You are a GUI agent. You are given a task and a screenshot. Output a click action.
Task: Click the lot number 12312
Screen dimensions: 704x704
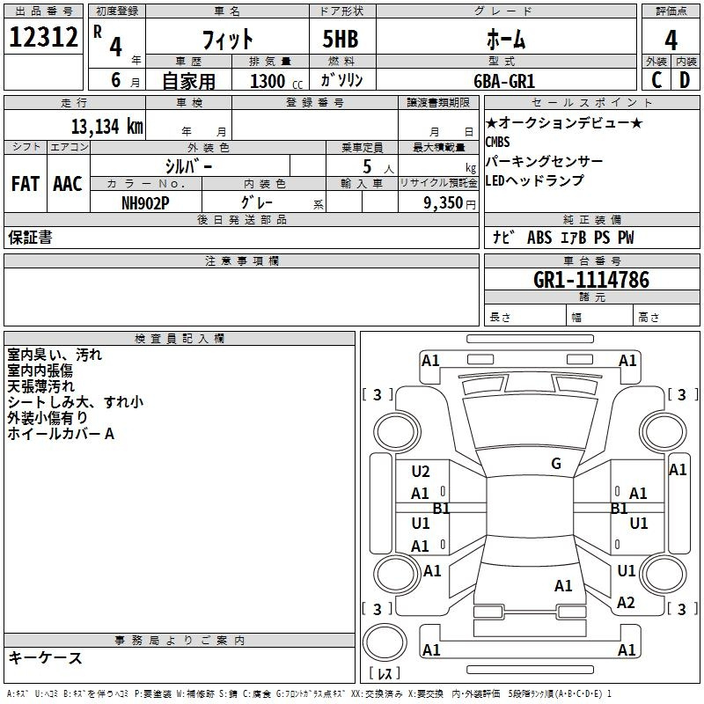[43, 37]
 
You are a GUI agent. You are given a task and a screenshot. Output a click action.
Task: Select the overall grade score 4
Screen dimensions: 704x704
[671, 40]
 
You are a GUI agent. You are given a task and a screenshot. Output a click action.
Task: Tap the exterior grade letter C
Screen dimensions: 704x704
[656, 80]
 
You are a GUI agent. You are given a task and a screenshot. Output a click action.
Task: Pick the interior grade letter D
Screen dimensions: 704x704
[685, 80]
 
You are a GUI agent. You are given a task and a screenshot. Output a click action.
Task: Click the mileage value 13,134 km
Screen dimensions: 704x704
[107, 127]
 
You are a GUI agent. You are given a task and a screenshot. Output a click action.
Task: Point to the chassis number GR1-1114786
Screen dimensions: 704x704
[591, 280]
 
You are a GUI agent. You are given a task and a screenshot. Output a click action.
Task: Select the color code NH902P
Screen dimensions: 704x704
[145, 203]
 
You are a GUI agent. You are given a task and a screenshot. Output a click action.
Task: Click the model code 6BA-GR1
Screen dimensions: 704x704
[504, 81]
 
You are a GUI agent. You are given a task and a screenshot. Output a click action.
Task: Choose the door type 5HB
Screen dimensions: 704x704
[341, 39]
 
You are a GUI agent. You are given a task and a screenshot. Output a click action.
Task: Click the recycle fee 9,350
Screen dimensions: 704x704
[444, 203]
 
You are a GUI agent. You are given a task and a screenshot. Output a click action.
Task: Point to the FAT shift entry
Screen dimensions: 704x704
[26, 184]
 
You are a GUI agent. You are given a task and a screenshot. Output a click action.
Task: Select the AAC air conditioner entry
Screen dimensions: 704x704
[68, 184]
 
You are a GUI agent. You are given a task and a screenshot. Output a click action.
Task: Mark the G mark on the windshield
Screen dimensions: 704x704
[556, 464]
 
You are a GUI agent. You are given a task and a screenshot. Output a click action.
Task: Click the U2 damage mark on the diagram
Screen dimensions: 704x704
[421, 472]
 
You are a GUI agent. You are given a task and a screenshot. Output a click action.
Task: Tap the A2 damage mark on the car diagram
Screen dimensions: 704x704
[626, 603]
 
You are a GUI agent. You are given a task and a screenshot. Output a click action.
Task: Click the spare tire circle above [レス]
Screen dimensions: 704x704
[385, 642]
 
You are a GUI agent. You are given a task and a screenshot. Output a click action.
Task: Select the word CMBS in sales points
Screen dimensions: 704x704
[497, 142]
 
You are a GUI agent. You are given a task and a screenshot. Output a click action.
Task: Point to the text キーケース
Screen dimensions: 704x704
[46, 657]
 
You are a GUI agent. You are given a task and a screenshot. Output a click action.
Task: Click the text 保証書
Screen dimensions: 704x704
[30, 237]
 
